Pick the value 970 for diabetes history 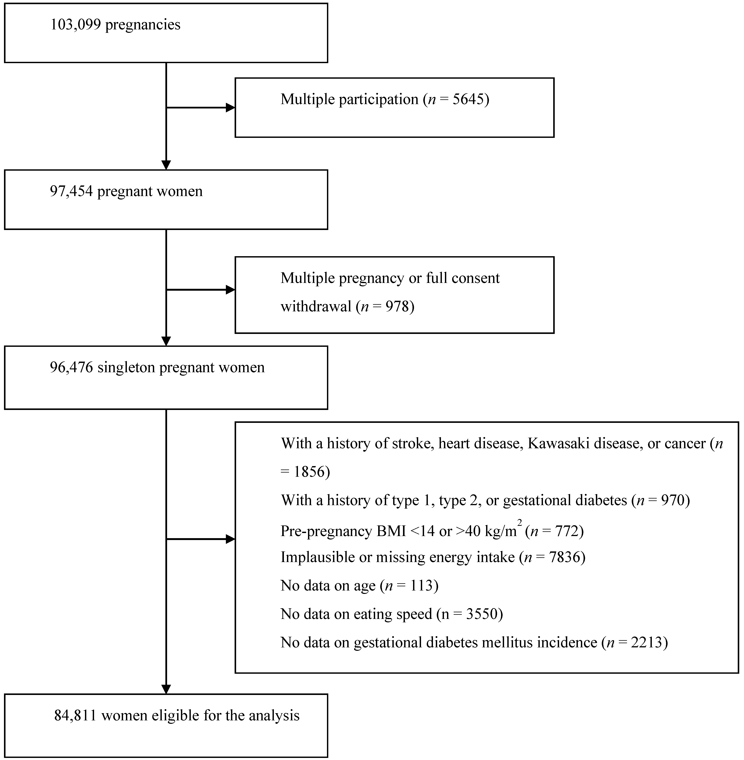673,500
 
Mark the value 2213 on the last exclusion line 647,642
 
